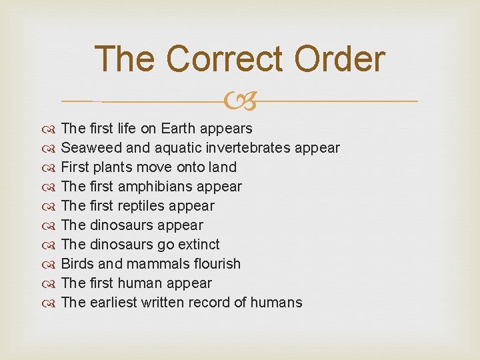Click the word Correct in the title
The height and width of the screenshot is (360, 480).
coord(222,59)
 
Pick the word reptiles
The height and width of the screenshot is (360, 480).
coord(143,205)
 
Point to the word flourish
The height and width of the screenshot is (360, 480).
coord(215,263)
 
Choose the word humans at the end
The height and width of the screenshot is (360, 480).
coord(277,302)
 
